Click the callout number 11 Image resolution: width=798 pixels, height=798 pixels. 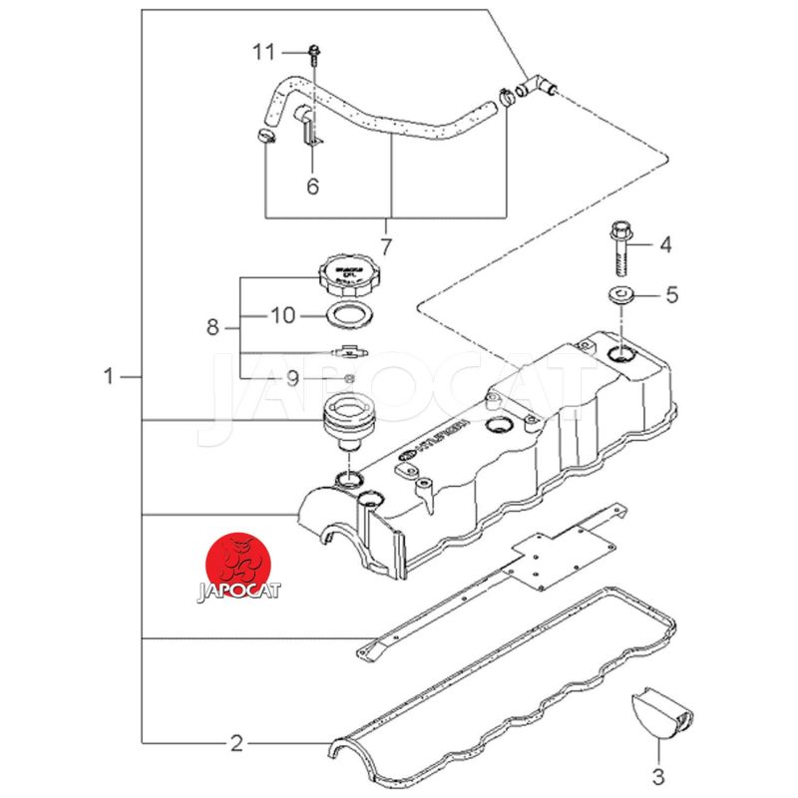(x=262, y=51)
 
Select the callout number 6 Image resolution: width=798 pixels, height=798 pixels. (x=312, y=186)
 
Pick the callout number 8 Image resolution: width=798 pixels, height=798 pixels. (x=211, y=326)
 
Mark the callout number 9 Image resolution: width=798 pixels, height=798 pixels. (x=293, y=378)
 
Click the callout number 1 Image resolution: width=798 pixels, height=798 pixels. (x=109, y=377)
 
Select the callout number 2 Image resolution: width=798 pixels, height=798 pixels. (x=236, y=743)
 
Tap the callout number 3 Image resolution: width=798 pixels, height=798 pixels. (x=657, y=774)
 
